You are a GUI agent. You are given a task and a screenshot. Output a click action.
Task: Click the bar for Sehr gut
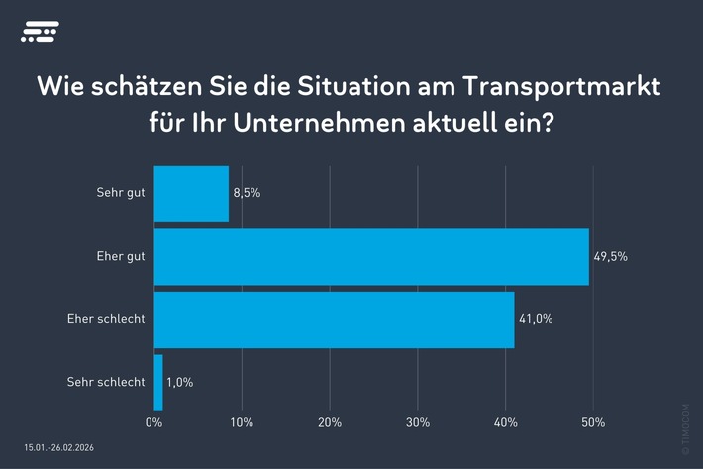191,193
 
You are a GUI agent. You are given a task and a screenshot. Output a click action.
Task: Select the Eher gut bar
371,256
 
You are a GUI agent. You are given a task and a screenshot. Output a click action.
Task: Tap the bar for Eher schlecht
334,319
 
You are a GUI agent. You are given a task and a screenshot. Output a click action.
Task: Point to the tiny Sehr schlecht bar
158,382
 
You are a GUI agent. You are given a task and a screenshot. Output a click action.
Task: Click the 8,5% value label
247,193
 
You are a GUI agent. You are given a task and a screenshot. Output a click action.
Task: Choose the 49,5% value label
611,256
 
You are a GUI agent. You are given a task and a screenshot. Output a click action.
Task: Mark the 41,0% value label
536,319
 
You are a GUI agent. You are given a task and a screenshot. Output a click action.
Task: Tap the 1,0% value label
181,382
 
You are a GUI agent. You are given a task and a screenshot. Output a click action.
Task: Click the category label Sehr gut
121,193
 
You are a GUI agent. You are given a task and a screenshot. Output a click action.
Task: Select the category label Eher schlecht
107,319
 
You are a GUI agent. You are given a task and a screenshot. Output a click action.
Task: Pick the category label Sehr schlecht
106,382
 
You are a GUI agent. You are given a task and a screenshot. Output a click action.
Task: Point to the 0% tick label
153,423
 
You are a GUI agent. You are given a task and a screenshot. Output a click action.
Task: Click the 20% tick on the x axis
329,423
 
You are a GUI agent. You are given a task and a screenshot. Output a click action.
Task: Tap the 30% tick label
417,423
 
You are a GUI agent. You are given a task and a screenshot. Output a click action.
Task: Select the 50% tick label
592,423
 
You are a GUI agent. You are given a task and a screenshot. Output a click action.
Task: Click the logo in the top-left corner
40,33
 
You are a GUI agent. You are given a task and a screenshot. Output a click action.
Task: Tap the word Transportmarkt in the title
568,88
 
